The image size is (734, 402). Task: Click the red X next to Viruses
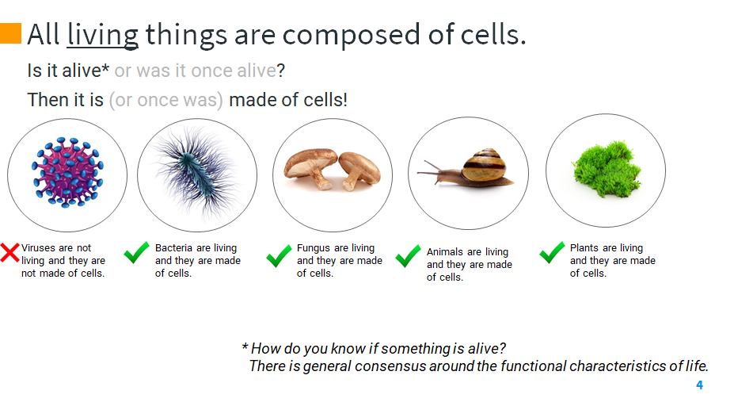coord(10,254)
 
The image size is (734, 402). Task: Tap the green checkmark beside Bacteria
coord(136,254)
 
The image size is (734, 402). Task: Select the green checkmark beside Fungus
coord(279,256)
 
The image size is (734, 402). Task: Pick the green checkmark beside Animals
coord(408,256)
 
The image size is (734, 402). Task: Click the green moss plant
coord(606,167)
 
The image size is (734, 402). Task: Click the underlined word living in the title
coord(103,35)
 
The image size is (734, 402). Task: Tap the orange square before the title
coord(10,33)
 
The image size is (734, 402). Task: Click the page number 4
coord(699,385)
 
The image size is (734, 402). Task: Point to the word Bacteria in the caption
coord(173,248)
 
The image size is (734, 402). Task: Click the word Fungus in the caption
coord(314,248)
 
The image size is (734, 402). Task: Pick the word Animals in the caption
coord(445,252)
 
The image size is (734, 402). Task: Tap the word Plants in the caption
coord(584,248)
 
